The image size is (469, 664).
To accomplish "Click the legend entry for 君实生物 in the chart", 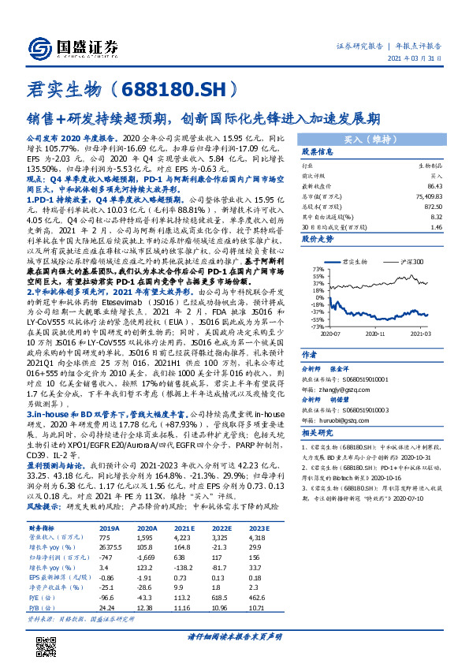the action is (355, 259).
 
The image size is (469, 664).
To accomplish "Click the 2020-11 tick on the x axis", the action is (382, 333).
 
